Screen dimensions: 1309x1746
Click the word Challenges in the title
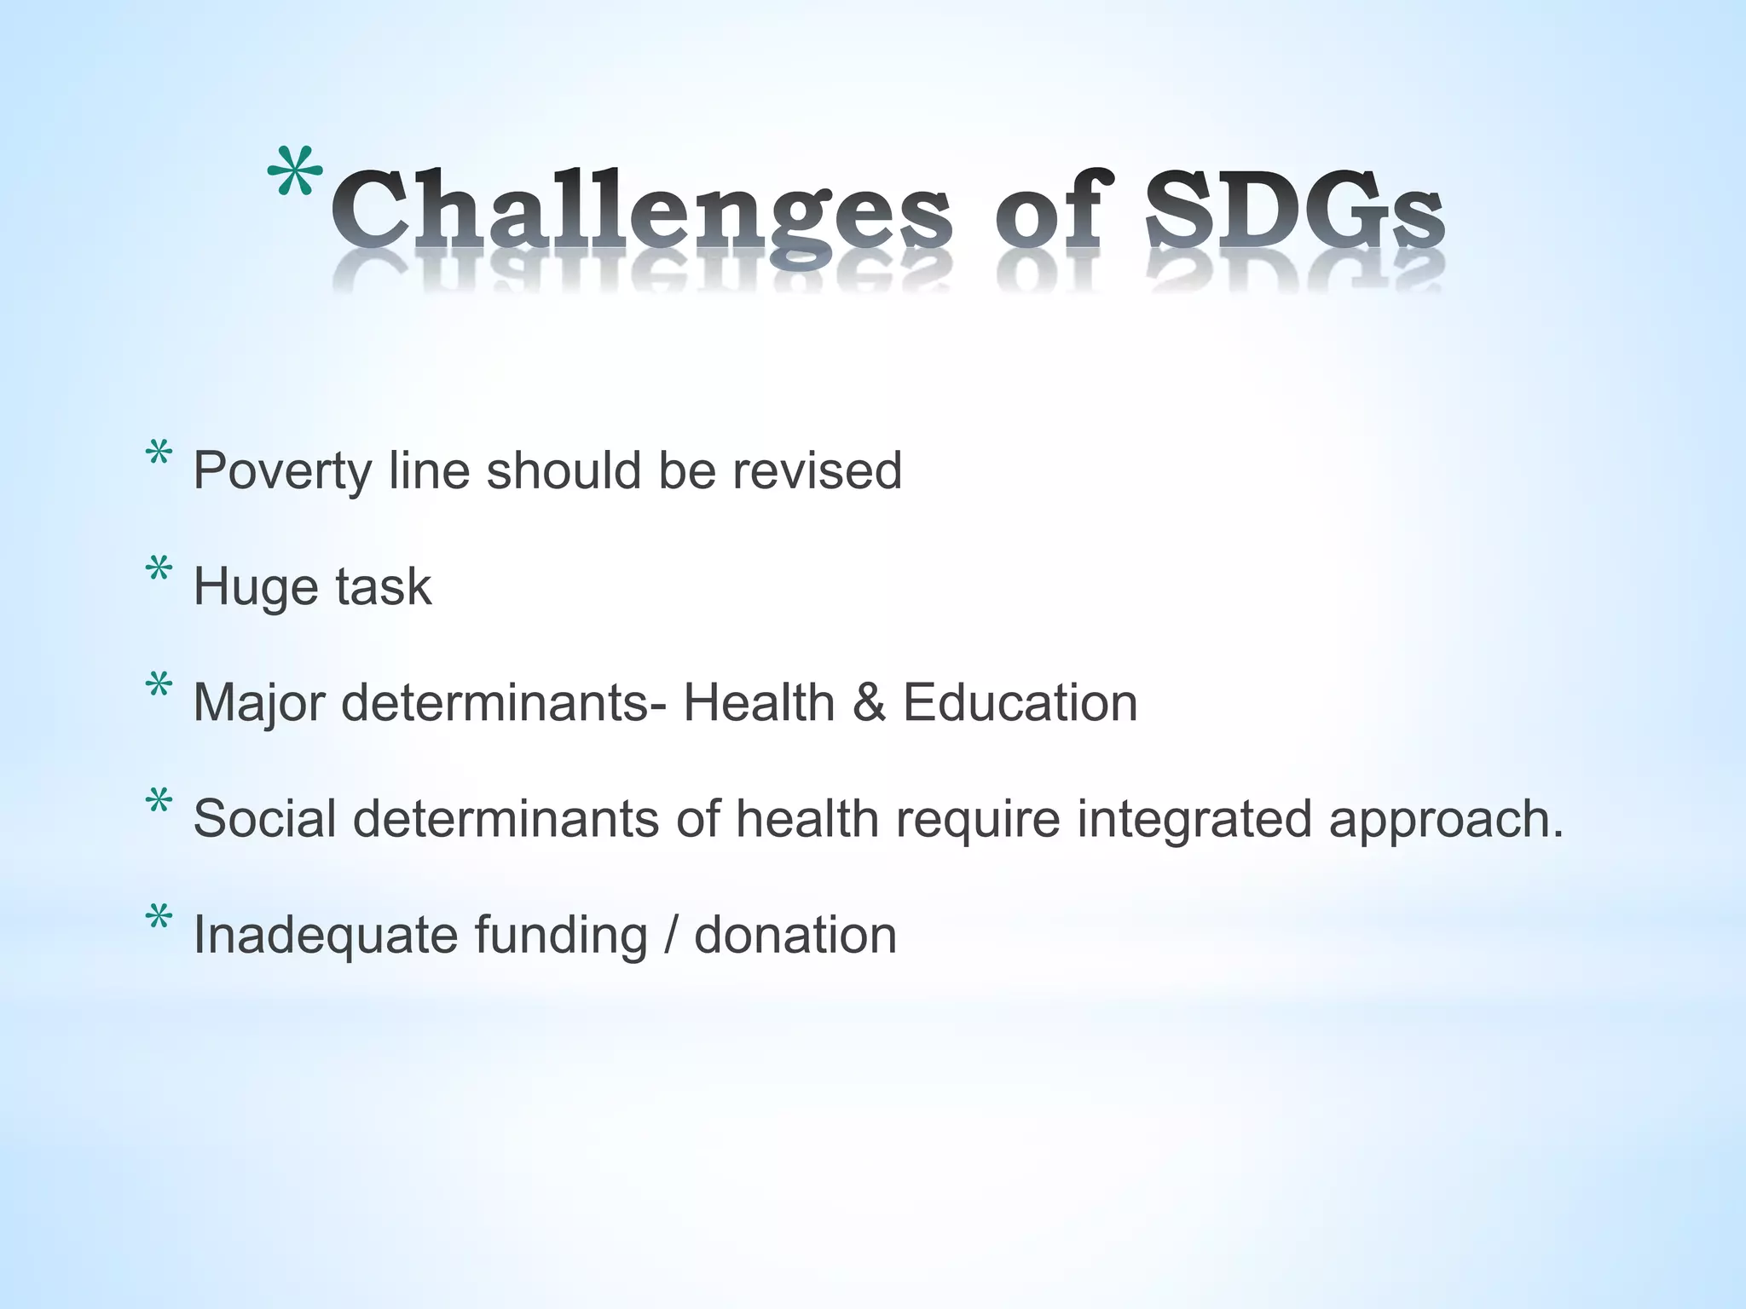click(x=639, y=209)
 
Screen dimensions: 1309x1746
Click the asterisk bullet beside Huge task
click(x=159, y=569)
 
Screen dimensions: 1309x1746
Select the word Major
click(x=259, y=704)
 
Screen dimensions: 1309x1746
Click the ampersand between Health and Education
click(x=868, y=703)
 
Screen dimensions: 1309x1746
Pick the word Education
click(x=1020, y=703)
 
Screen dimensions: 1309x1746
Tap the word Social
click(x=264, y=819)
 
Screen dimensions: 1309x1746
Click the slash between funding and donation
click(x=671, y=935)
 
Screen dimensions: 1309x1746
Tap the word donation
click(x=795, y=935)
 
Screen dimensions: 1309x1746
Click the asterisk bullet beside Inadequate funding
click(x=159, y=919)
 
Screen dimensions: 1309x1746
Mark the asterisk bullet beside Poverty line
click(x=159, y=453)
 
